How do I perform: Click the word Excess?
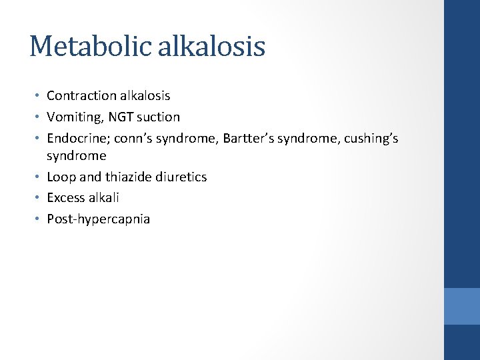[x=65, y=197]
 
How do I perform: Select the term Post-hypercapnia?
[x=98, y=219]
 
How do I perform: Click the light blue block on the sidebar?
[x=462, y=306]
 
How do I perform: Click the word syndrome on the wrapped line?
[x=76, y=156]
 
